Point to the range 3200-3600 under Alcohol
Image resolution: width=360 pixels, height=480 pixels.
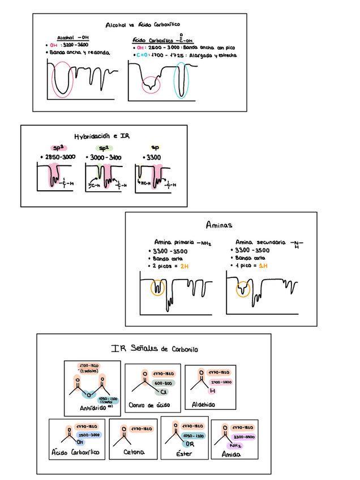(x=74, y=45)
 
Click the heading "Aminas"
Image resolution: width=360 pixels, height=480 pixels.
(x=220, y=225)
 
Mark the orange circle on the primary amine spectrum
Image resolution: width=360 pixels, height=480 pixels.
(x=158, y=288)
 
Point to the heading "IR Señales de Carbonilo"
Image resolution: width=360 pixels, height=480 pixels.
(x=155, y=349)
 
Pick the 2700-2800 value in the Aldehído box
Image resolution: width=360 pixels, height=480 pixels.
(x=220, y=382)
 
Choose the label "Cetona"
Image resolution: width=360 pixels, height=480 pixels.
(x=134, y=452)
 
